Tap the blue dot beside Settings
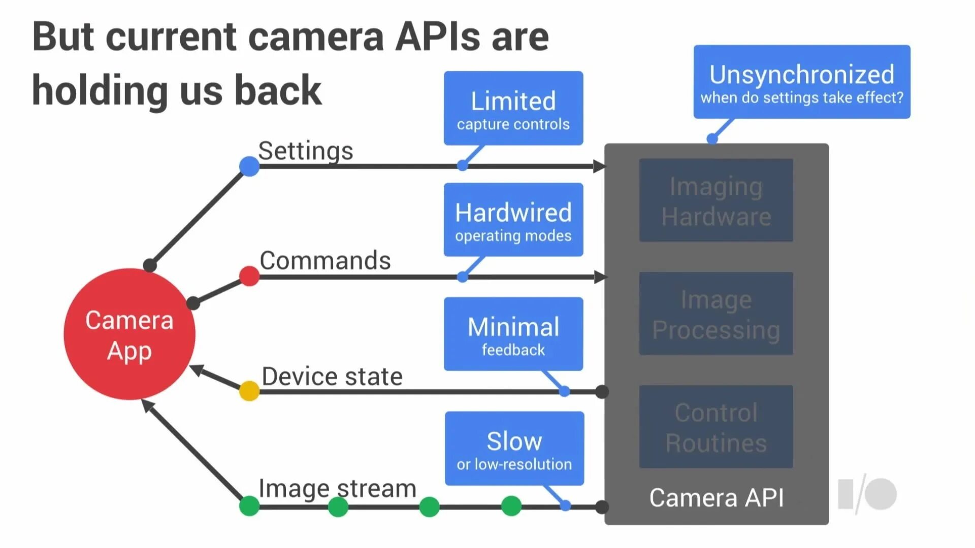(x=249, y=166)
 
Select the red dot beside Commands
(x=249, y=277)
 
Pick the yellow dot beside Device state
(x=249, y=391)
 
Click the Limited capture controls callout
(x=513, y=109)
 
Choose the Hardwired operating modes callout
(x=513, y=220)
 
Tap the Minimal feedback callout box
(x=513, y=334)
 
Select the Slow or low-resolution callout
(x=514, y=449)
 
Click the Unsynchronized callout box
(x=801, y=82)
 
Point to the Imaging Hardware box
(x=716, y=200)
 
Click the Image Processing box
(x=716, y=314)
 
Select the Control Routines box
(x=716, y=427)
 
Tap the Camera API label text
(x=716, y=498)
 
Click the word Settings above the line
(x=306, y=151)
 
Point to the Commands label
(x=325, y=260)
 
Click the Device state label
(x=332, y=376)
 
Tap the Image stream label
(x=337, y=489)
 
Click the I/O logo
(x=867, y=494)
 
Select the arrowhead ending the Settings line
(x=599, y=166)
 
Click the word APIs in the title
(x=438, y=37)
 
